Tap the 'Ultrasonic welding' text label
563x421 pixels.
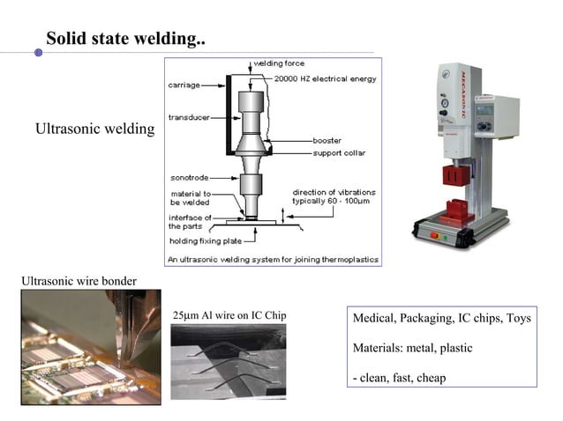pyautogui.click(x=94, y=130)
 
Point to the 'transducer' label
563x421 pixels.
pyautogui.click(x=188, y=117)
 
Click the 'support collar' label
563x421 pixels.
pyautogui.click(x=339, y=152)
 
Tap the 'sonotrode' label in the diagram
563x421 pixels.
pyautogui.click(x=188, y=177)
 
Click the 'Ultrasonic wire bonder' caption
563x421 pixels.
pyautogui.click(x=79, y=281)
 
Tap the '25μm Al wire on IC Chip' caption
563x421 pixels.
pyautogui.click(x=229, y=315)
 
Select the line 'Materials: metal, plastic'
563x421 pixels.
pyautogui.click(x=412, y=348)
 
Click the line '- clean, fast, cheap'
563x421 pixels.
pyautogui.click(x=399, y=378)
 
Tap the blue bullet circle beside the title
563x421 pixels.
pyautogui.click(x=38, y=53)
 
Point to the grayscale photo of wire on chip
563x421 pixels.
pyautogui.click(x=228, y=361)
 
